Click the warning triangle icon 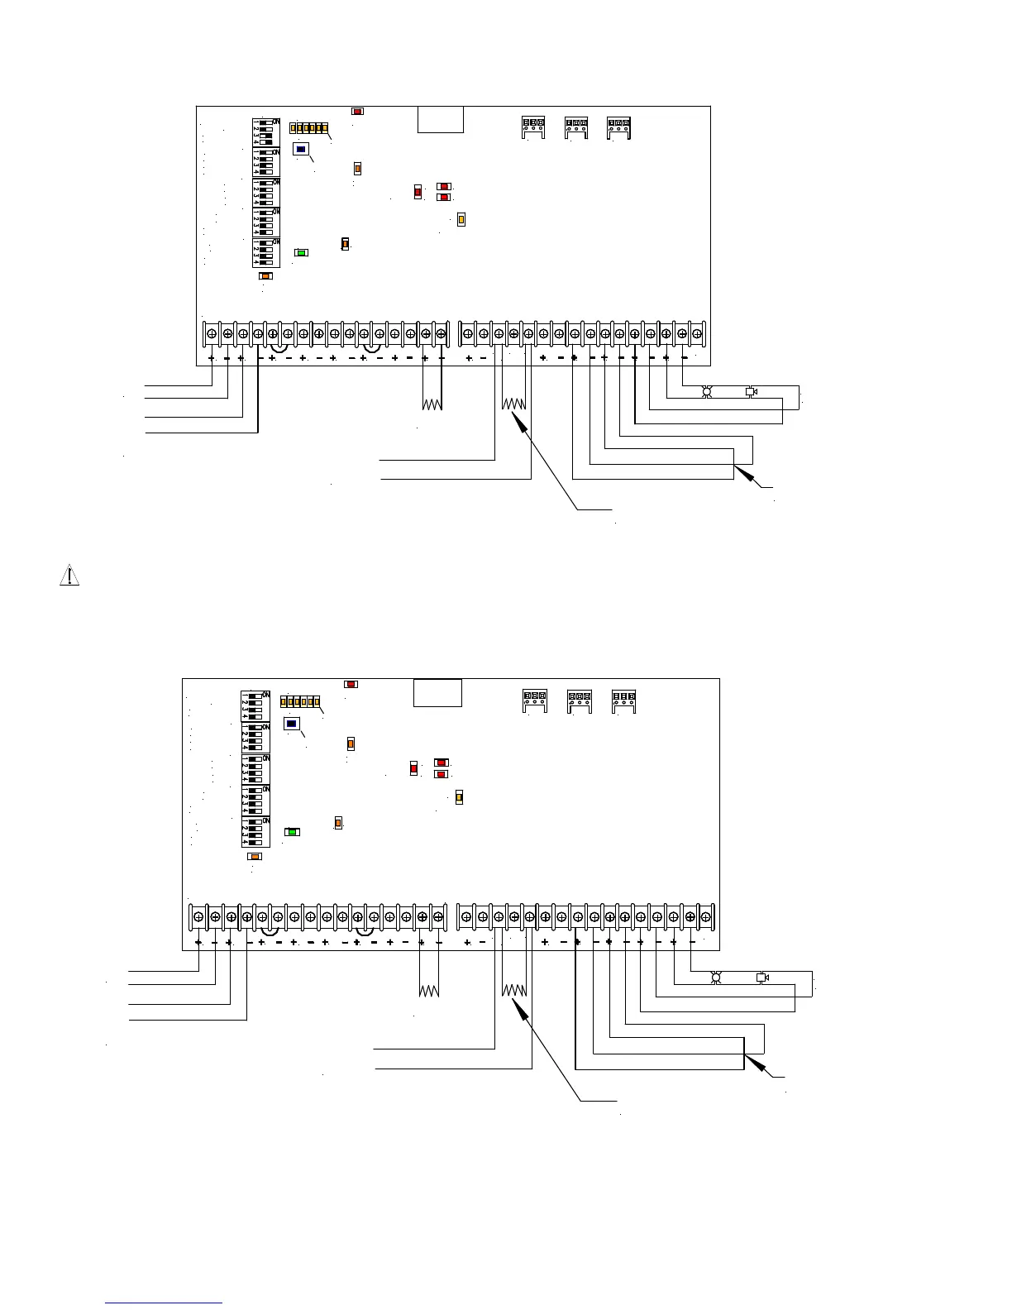coord(69,576)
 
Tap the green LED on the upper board coord(302,252)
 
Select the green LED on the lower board coord(292,831)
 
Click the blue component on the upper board coord(302,150)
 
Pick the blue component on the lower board coord(292,724)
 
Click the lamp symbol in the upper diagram coord(707,392)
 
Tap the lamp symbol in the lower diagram coord(717,978)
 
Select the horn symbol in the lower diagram coord(762,978)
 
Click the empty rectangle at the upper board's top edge coord(440,119)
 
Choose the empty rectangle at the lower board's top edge coord(438,692)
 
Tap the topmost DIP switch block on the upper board coord(265,132)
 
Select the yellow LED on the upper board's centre coord(461,219)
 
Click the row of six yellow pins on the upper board coord(310,128)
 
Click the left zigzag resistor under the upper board coord(432,404)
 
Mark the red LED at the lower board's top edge coord(351,684)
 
